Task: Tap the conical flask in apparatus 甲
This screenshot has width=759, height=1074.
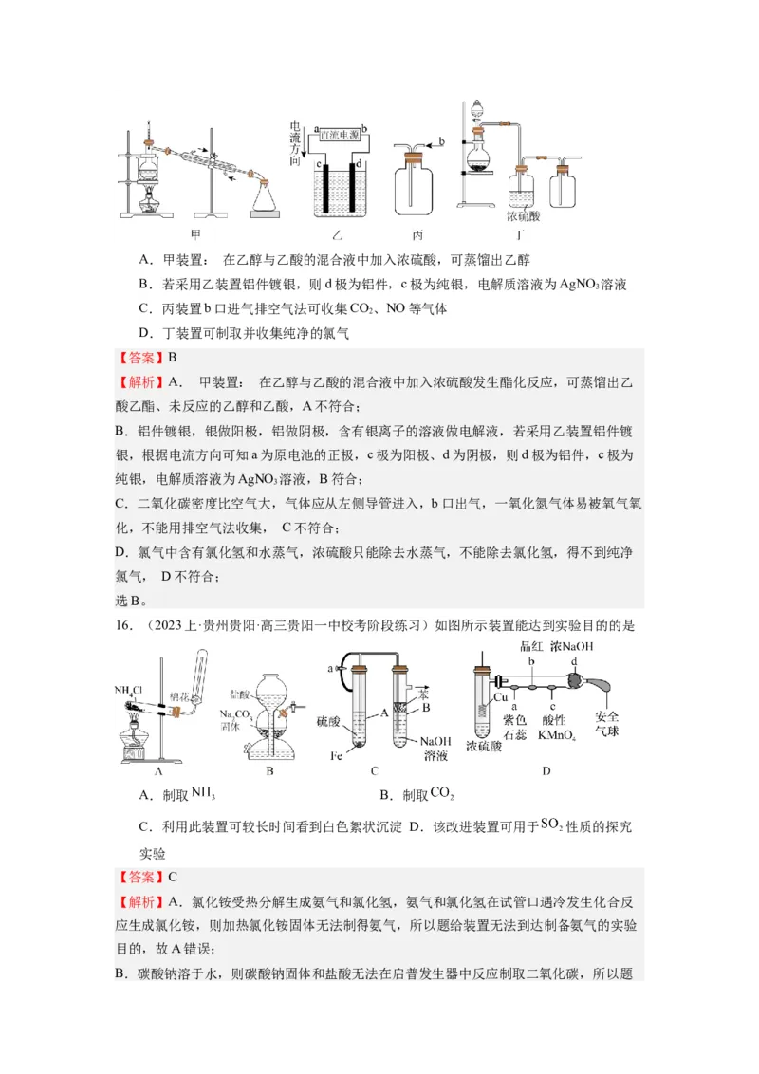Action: point(267,197)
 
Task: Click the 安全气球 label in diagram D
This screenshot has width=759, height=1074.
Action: point(606,725)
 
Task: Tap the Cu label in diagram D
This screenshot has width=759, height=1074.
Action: point(501,697)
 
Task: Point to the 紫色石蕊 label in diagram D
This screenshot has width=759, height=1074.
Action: point(517,728)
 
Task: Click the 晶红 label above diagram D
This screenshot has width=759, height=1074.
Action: point(533,645)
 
